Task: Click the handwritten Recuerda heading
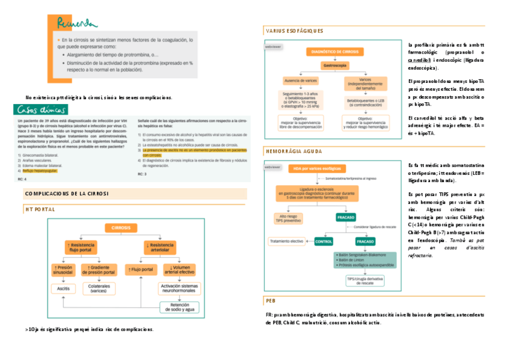(x=76, y=23)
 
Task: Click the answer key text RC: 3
(x=143, y=174)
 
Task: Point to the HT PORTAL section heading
(x=40, y=210)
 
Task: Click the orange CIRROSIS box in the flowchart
(x=122, y=228)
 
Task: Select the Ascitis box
(x=64, y=288)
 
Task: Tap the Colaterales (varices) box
(x=99, y=288)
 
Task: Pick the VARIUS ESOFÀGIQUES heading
(x=294, y=31)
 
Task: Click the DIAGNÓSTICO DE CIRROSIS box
(x=333, y=52)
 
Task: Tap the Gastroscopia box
(x=333, y=65)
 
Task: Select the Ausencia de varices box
(x=301, y=81)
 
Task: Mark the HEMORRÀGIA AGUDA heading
(x=293, y=152)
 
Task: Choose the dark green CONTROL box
(x=324, y=241)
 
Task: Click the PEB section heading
(x=270, y=301)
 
